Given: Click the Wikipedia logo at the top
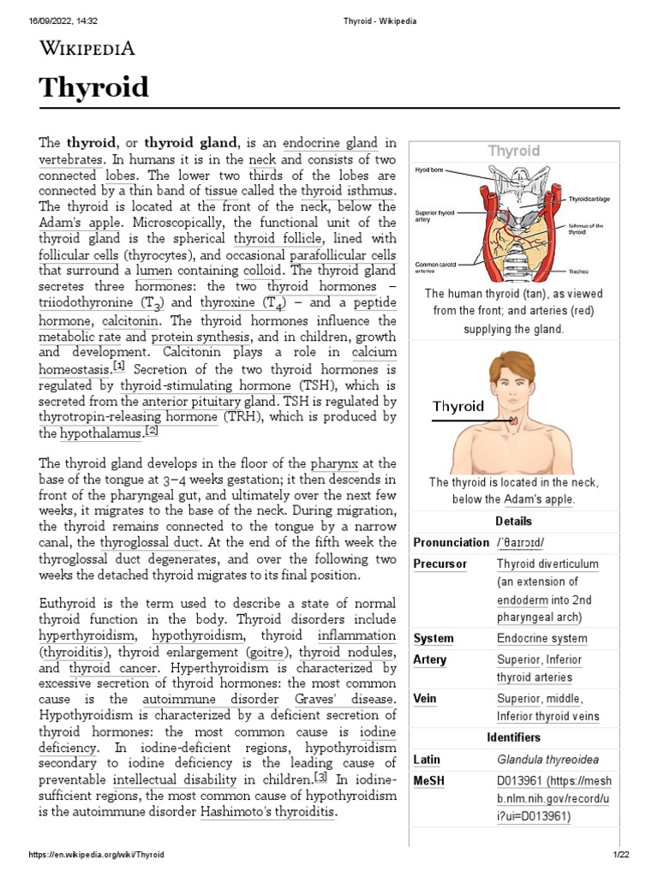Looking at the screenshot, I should pyautogui.click(x=87, y=48).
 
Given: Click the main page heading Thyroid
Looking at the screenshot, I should pyautogui.click(x=93, y=87).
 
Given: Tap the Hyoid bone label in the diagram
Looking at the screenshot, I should pyautogui.click(x=430, y=170).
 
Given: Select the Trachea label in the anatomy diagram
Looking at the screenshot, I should pyautogui.click(x=577, y=271).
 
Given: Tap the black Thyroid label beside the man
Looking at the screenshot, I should pyautogui.click(x=458, y=406).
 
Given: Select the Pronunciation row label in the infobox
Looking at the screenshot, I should pyautogui.click(x=451, y=542).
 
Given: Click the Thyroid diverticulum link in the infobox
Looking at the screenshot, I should pyautogui.click(x=547, y=564).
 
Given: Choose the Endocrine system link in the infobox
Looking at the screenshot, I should pyautogui.click(x=541, y=638).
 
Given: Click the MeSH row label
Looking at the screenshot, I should pyautogui.click(x=428, y=781).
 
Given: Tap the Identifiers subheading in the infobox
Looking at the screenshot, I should pyautogui.click(x=513, y=737).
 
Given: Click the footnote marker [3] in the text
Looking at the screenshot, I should pyautogui.click(x=320, y=778).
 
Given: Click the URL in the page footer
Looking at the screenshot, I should pyautogui.click(x=96, y=855).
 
